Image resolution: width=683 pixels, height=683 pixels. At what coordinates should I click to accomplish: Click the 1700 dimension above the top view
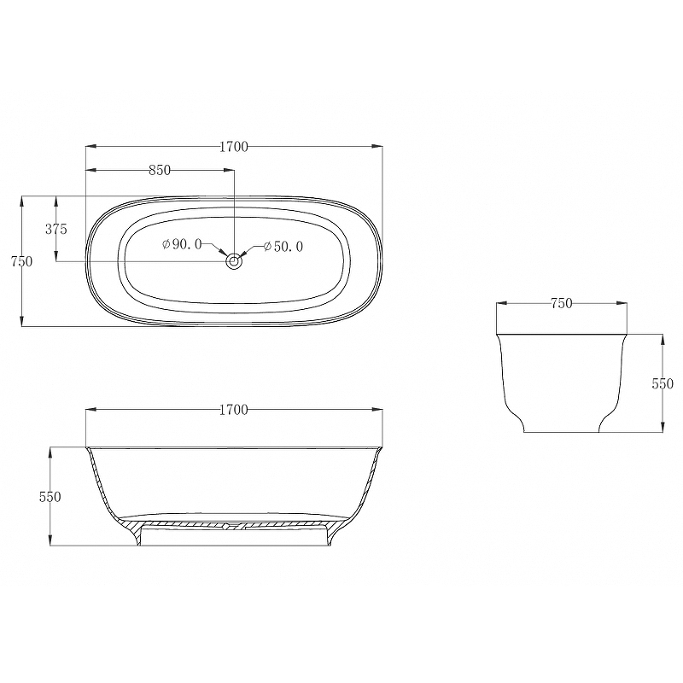point(233,147)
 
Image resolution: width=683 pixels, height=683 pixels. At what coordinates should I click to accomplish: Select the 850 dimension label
point(160,170)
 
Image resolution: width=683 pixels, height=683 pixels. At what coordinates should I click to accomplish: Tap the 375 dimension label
point(56,229)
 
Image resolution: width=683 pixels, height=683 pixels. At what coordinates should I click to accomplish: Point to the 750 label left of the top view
point(22,261)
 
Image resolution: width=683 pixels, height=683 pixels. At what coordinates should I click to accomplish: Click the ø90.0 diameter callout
point(182,244)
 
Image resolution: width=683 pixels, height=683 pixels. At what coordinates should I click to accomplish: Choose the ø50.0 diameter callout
point(283,247)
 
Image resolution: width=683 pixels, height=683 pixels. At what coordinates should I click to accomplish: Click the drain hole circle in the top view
point(234,261)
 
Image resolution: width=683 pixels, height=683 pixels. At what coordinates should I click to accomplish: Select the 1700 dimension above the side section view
point(233,410)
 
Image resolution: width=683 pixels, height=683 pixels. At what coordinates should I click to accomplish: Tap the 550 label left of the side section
point(50,497)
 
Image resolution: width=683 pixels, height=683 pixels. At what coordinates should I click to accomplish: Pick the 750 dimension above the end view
point(562,303)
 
